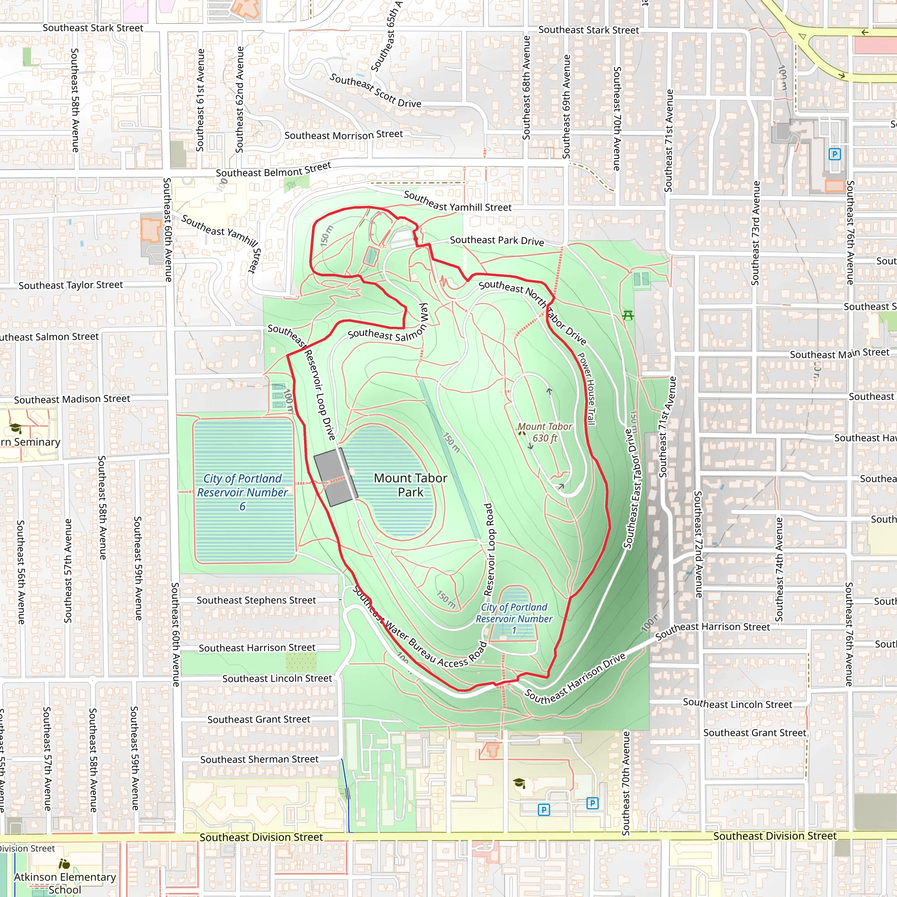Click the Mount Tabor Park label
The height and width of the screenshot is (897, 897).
click(410, 485)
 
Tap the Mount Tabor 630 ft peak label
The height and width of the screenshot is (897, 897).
click(544, 432)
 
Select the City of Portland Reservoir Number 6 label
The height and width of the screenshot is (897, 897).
click(242, 492)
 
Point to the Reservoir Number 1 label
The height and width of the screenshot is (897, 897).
click(514, 618)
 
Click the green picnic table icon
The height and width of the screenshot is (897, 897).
click(628, 315)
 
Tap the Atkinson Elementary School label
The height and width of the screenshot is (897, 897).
click(64, 883)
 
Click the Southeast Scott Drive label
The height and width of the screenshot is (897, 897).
click(375, 91)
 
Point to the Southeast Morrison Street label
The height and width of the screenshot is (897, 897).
click(343, 134)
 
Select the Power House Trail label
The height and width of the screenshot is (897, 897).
click(586, 388)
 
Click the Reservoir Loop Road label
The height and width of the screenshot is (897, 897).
click(488, 550)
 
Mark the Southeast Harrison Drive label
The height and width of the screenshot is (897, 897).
click(575, 678)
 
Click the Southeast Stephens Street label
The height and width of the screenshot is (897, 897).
click(256, 600)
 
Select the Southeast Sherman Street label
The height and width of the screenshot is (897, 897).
click(260, 759)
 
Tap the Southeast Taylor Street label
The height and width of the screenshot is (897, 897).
click(71, 285)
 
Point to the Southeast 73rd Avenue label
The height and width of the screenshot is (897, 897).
click(756, 233)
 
